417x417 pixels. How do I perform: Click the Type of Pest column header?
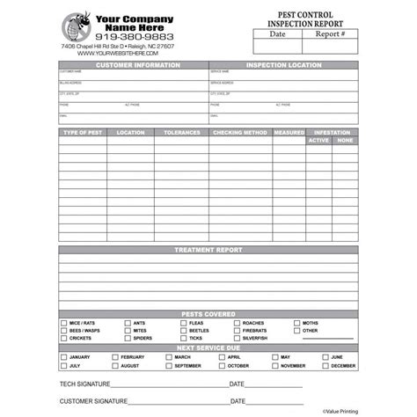[x=83, y=133]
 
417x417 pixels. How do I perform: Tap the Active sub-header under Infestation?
[x=319, y=140]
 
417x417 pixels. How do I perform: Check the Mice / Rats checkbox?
[x=63, y=323]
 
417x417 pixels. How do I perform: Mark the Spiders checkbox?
[x=128, y=338]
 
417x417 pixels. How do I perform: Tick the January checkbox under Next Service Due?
[x=63, y=357]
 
